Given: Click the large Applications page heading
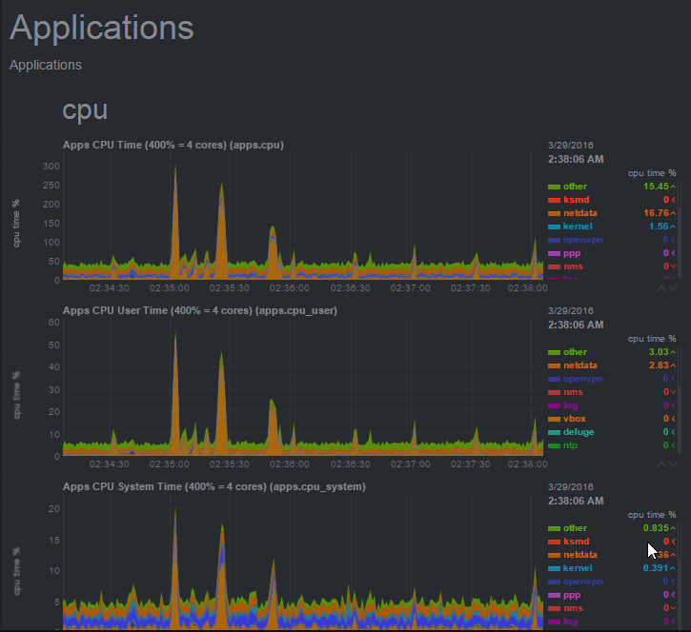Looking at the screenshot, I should [x=102, y=28].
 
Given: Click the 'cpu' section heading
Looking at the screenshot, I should [x=85, y=109].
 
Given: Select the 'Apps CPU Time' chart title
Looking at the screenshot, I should [x=173, y=145].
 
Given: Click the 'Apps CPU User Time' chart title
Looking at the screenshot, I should [x=199, y=310].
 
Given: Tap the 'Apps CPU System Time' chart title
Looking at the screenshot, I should [x=214, y=486].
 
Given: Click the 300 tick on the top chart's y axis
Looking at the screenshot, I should [x=51, y=166].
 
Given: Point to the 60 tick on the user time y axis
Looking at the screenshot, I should [x=54, y=322].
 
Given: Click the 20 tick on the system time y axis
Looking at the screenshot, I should [x=54, y=508].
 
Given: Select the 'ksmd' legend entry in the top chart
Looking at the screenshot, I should [x=576, y=200].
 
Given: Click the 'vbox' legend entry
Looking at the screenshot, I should [x=575, y=419].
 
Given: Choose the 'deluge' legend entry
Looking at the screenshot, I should [x=579, y=432].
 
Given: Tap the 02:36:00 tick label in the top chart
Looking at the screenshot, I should [x=290, y=286].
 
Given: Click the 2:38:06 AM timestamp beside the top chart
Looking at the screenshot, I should [x=576, y=159].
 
